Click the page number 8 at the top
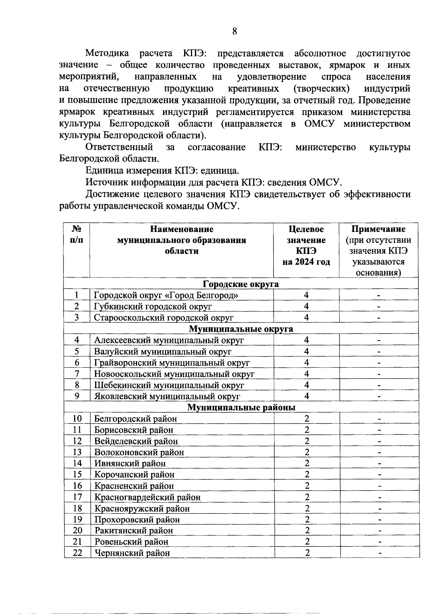[x=234, y=31]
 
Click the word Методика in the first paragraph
[x=107, y=54]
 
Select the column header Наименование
[x=182, y=229]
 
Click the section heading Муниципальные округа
[x=241, y=329]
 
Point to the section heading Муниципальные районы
[x=241, y=407]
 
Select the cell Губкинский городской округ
[x=153, y=306]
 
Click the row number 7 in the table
[x=77, y=374]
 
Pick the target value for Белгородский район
[x=307, y=419]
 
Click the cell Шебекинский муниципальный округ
[x=169, y=385]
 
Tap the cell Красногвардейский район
[x=147, y=497]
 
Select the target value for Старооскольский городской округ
[x=306, y=318]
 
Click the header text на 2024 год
[x=306, y=262]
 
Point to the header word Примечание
[x=378, y=229]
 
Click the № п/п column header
[x=76, y=234]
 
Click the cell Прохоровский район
[x=137, y=520]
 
